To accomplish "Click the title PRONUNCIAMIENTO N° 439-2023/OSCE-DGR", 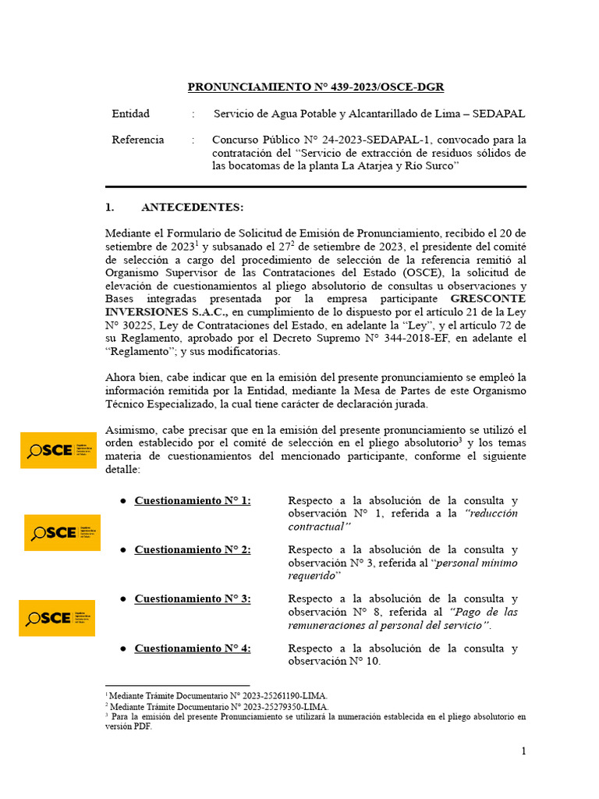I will pos(316,87).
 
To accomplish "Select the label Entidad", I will pos(130,114).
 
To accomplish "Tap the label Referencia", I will pos(137,140).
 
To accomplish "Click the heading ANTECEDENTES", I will pos(192,208).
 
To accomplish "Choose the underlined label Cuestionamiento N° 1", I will pos(193,500).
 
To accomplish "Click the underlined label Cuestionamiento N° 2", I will pos(193,549).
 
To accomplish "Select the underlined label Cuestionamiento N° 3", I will pos(193,598).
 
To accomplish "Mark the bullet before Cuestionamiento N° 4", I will pos(123,648).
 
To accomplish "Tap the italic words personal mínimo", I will pos(476,563).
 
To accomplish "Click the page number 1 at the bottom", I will pos(524,751).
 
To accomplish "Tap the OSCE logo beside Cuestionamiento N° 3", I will pos(57,618).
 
